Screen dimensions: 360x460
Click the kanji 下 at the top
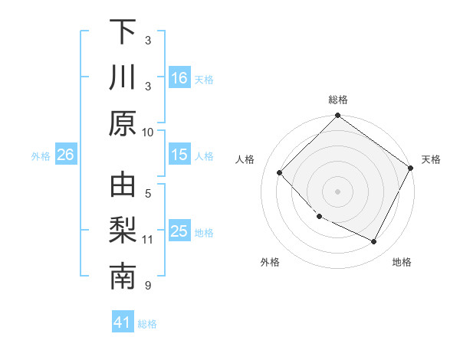click(x=123, y=33)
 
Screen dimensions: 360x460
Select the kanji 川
click(x=123, y=78)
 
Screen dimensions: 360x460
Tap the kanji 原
click(x=123, y=123)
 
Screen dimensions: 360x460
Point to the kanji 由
click(x=123, y=187)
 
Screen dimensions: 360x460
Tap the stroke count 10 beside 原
click(x=148, y=132)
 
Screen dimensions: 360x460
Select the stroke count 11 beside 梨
click(x=148, y=240)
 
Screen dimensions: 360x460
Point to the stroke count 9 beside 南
click(x=148, y=286)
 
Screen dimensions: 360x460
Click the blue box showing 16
click(x=179, y=77)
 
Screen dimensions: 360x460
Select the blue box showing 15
click(x=179, y=155)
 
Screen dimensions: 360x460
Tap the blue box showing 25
click(x=179, y=231)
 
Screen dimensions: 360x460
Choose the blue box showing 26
click(x=66, y=155)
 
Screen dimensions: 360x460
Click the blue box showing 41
click(x=123, y=322)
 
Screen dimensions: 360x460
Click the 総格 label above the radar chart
click(x=337, y=100)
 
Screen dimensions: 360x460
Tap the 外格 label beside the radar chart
click(x=270, y=262)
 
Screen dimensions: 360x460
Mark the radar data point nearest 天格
click(x=411, y=168)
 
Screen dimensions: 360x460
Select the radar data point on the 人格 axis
click(x=280, y=173)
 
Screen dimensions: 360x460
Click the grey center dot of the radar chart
click(x=337, y=191)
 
